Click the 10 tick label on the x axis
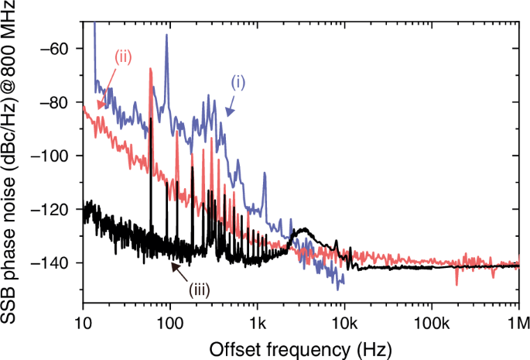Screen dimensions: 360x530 tap(82, 320)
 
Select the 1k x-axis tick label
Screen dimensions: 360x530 tap(257, 320)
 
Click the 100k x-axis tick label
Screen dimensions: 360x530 tap(431, 320)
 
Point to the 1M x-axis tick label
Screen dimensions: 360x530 tap(517, 320)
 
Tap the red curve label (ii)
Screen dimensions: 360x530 tap(124, 57)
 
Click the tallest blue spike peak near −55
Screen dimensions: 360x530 tap(166, 36)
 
